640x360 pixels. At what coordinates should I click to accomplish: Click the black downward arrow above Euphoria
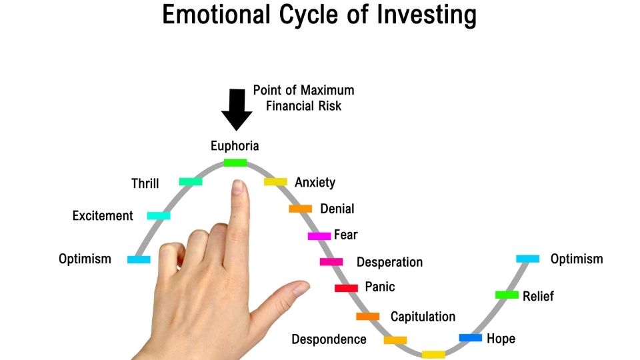pos(236,109)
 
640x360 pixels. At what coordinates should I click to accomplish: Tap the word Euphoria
pos(235,146)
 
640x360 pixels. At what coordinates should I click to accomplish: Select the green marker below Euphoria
pos(235,163)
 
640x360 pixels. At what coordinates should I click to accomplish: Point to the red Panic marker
pos(346,288)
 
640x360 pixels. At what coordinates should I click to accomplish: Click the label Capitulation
pos(423,317)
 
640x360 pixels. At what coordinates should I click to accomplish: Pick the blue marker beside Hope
pos(470,337)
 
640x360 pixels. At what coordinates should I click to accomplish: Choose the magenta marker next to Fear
pos(319,236)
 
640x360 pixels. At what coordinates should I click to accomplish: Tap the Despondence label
pos(329,339)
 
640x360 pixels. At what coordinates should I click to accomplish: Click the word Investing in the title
pos(427,15)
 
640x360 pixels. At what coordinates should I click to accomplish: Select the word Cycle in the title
pos(309,15)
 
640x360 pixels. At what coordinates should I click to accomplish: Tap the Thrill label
pos(145,183)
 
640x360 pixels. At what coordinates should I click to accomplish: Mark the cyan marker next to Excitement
pos(159,216)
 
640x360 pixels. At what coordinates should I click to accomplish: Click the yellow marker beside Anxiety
pos(275,181)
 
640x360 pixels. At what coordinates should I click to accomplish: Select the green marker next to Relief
pos(507,295)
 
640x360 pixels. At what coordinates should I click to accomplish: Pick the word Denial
pos(337,209)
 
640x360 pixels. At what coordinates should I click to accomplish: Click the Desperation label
pos(390,262)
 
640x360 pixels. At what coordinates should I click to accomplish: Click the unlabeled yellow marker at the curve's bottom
pos(433,354)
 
